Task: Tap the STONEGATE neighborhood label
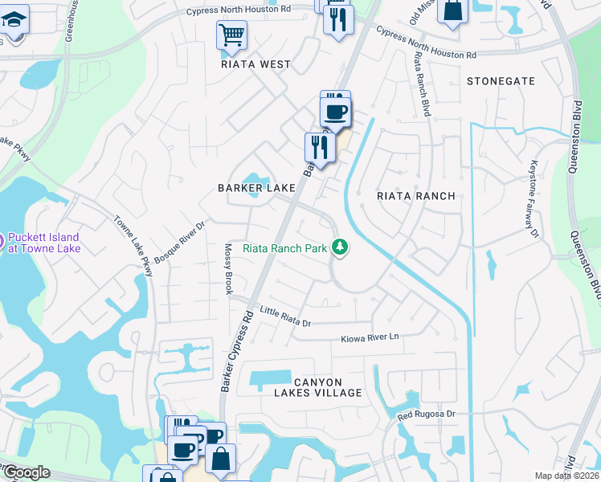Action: point(501,81)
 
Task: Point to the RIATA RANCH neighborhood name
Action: point(416,196)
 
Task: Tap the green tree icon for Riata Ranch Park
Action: point(341,247)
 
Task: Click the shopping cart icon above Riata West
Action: point(231,35)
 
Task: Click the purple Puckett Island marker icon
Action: point(2,239)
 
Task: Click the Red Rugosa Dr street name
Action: point(427,415)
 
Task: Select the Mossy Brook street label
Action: point(228,268)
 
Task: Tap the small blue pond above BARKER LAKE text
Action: point(256,182)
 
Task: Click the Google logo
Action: point(26,472)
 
